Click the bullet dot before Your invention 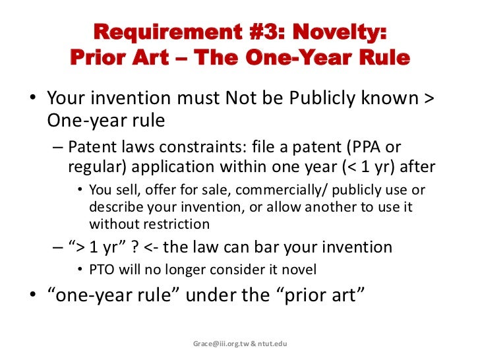click(32, 100)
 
